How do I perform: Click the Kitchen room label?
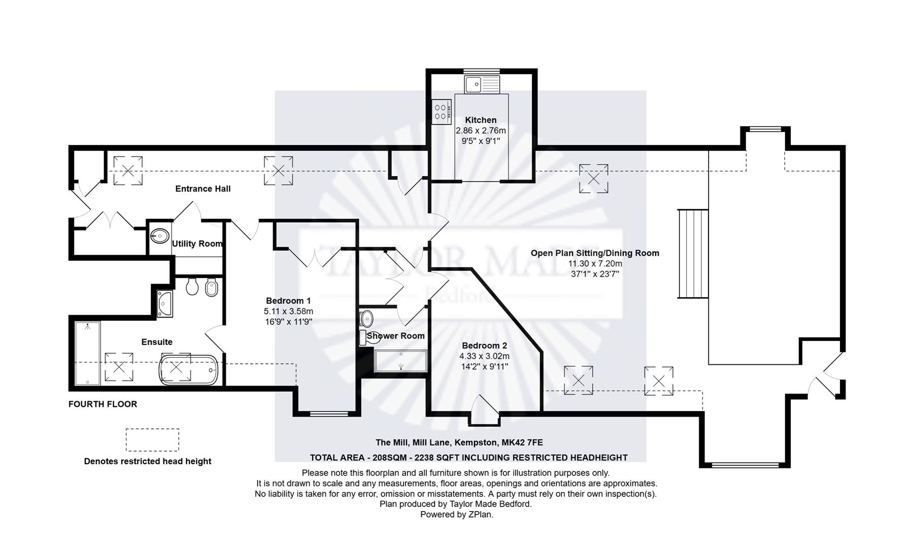pos(480,120)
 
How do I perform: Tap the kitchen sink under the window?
pos(482,84)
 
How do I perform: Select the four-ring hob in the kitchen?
pos(441,112)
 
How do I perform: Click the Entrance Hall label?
pos(202,189)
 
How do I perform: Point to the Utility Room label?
pos(197,244)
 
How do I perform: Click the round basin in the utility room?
pos(160,235)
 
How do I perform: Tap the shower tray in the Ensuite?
pos(88,354)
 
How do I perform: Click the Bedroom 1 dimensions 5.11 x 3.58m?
pos(288,312)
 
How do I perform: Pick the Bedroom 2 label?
pos(484,346)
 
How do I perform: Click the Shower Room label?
pos(395,336)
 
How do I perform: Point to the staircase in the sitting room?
pos(693,254)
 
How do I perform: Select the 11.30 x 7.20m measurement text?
pos(595,264)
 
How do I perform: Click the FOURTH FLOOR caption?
pos(103,404)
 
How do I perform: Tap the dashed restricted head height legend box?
pos(152,440)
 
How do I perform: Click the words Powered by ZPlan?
pos(456,515)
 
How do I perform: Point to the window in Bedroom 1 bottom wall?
pos(329,414)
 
